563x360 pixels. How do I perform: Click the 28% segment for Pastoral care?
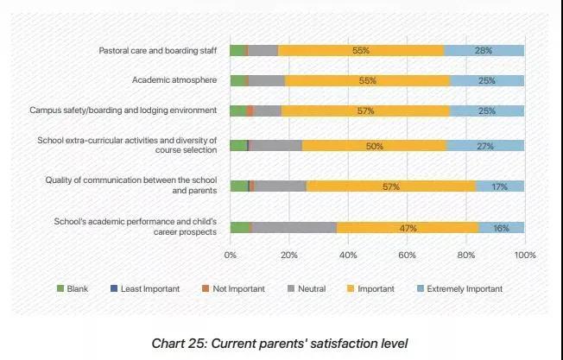coord(484,51)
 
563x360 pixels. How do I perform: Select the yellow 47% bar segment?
coord(408,228)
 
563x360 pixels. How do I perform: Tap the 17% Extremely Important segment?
coord(500,186)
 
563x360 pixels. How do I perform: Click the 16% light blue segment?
coord(502,228)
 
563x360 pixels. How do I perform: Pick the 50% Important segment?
coord(374,146)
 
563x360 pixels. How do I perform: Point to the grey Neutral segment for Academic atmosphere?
coord(267,80)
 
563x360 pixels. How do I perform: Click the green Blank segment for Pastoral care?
coord(237,51)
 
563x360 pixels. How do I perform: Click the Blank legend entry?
coord(77,288)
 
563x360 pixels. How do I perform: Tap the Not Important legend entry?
coord(232,288)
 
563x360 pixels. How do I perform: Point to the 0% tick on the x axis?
coord(231,256)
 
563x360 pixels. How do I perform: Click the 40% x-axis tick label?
coord(348,256)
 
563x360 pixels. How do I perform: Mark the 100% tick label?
coord(524,256)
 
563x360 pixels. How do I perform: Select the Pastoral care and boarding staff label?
coord(157,51)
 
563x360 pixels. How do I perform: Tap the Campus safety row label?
coord(123,111)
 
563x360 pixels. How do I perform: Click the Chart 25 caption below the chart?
coord(280,343)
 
